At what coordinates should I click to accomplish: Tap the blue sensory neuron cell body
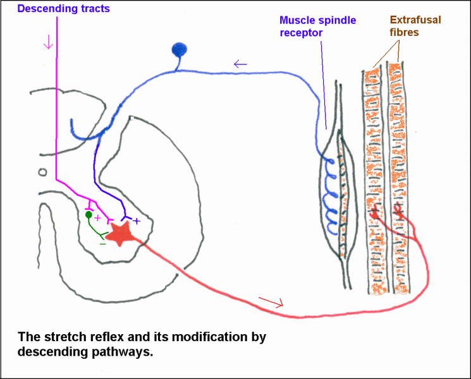(x=180, y=50)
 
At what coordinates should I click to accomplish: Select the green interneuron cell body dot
(x=89, y=215)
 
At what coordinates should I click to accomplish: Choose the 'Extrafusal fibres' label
(x=415, y=26)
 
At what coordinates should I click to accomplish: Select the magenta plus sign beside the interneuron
(x=97, y=217)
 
